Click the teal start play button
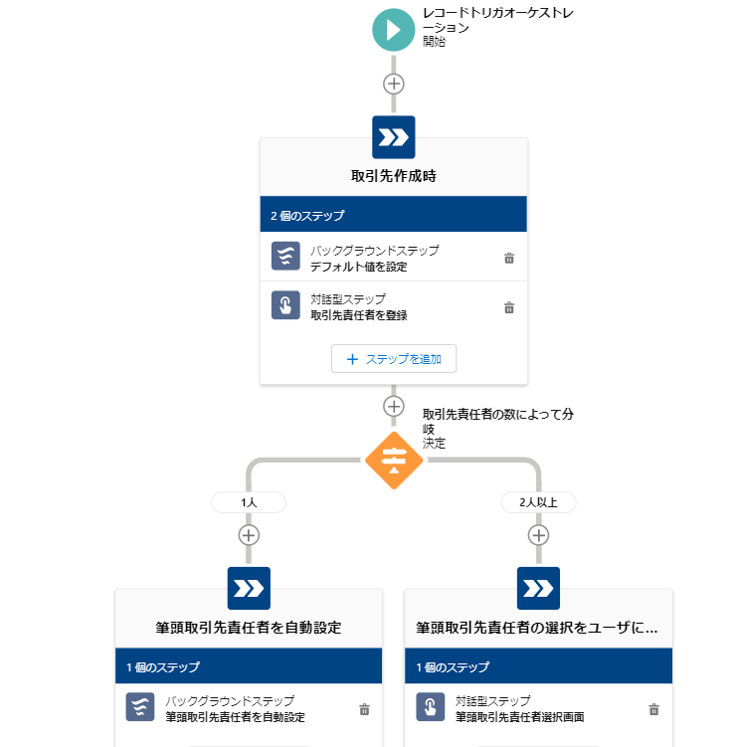[394, 30]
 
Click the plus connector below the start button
[394, 84]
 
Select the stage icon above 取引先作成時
[394, 137]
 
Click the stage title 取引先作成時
[394, 176]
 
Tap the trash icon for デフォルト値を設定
[509, 258]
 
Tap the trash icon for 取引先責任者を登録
[509, 307]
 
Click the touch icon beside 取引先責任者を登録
[285, 305]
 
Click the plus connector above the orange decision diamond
[394, 406]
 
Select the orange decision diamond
[394, 460]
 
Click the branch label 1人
[249, 502]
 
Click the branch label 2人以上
[538, 502]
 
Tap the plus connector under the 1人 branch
[249, 535]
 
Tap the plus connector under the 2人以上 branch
[538, 535]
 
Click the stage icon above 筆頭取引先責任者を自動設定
[249, 589]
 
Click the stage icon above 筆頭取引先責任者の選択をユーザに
[538, 589]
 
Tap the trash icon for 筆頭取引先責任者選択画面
[653, 709]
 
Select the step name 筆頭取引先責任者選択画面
[506, 716]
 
